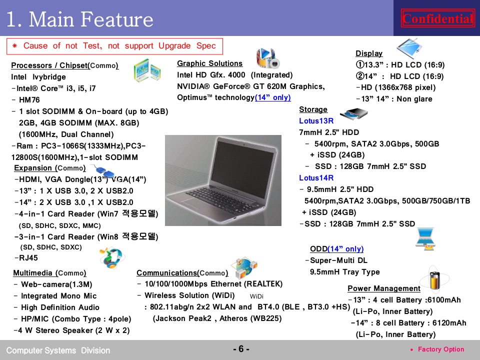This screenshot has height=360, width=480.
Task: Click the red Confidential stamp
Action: [x=438, y=18]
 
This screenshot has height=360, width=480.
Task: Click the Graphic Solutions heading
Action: [x=209, y=63]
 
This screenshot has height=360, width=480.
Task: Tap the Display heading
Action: [x=369, y=53]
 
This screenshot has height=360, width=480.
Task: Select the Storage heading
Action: [x=313, y=109]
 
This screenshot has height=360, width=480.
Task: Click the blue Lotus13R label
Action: [x=316, y=121]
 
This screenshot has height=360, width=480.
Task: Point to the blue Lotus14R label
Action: [x=316, y=178]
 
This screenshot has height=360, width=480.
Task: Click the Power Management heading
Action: [x=384, y=288]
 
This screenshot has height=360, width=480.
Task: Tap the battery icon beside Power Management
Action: [x=434, y=280]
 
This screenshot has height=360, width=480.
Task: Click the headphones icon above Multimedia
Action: [x=112, y=258]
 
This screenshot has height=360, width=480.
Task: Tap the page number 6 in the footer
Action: [x=241, y=349]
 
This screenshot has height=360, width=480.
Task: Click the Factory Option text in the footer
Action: [x=441, y=349]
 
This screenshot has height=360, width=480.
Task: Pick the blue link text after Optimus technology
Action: [x=273, y=97]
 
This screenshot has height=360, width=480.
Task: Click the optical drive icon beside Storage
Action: [x=354, y=114]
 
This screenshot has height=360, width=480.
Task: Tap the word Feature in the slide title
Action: [x=117, y=19]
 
